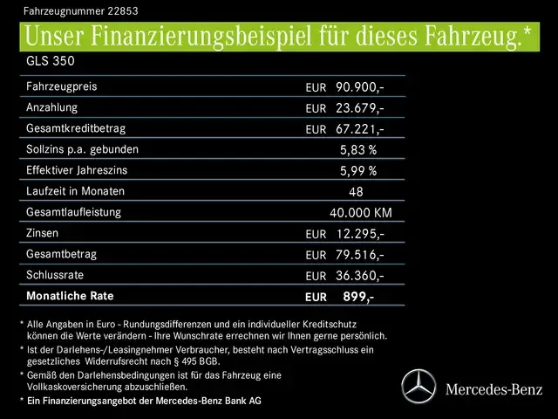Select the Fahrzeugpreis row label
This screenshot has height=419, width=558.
pos(62,87)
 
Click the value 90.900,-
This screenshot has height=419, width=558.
pos(360,87)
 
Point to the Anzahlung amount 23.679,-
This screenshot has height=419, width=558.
pos(360,108)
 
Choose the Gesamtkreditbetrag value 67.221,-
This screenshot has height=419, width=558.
pos(360,129)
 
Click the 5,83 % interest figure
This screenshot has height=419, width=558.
pos(358,150)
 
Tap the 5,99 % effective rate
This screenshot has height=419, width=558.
pos(358,171)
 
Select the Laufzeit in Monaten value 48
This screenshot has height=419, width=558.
pos(356,192)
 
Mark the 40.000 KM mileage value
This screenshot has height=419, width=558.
pos(361,213)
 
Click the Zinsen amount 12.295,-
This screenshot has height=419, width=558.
pos(360,234)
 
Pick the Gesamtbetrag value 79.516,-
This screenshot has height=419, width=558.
pos(360,255)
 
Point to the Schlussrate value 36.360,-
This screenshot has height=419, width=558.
pos(360,276)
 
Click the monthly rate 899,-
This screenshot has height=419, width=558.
pos(358,297)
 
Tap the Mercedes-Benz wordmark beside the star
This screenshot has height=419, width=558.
pos(493,388)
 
